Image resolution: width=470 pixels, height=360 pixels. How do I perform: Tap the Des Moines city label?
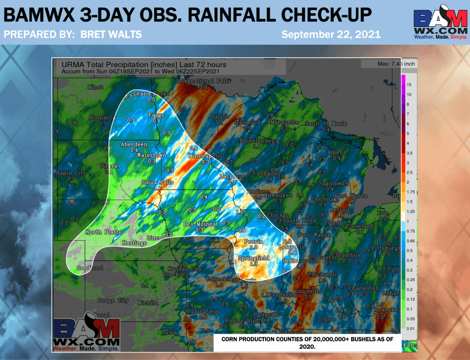(199, 224)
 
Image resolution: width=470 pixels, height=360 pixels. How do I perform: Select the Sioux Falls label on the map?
(157, 182)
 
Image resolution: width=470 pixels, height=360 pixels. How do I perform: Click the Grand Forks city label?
(149, 94)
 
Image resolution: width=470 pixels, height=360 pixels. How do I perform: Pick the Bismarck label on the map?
(102, 118)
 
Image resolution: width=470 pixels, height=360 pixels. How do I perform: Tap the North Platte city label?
(104, 232)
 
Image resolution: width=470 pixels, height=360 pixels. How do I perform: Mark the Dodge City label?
(113, 300)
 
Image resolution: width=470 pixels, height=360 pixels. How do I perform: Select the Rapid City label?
(71, 173)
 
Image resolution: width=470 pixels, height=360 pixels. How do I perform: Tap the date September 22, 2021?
(330, 34)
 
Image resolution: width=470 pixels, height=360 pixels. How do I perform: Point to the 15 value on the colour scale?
(409, 85)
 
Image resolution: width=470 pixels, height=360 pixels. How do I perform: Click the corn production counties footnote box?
(307, 342)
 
